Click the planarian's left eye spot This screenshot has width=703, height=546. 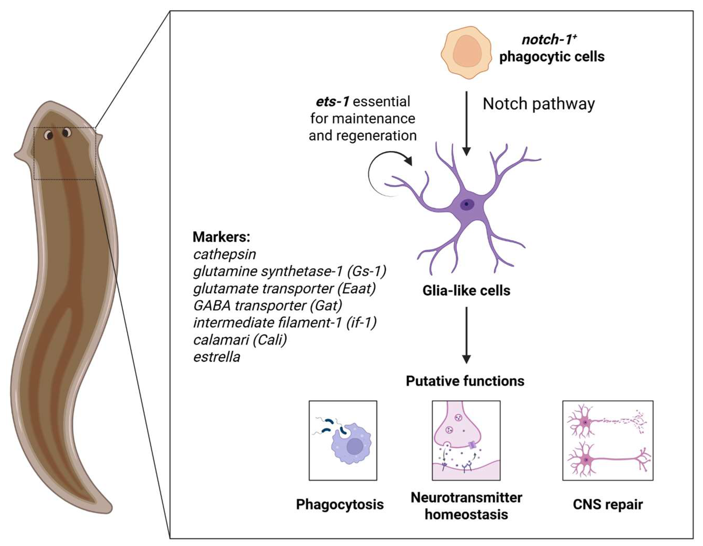[49, 135]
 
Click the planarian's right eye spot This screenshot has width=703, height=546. [67, 132]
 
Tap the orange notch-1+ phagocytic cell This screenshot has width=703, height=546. [466, 52]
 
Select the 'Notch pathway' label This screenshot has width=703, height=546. [539, 104]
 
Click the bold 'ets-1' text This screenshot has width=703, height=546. [332, 102]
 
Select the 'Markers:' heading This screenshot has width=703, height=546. [221, 237]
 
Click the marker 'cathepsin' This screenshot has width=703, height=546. [224, 254]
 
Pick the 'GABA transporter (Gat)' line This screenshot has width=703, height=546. [267, 306]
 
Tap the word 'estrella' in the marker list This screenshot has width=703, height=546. [217, 357]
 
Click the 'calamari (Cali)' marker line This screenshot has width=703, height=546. [240, 340]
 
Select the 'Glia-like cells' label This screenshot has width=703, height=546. [466, 291]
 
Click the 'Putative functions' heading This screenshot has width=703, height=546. [465, 381]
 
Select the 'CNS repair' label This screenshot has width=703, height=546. [607, 504]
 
